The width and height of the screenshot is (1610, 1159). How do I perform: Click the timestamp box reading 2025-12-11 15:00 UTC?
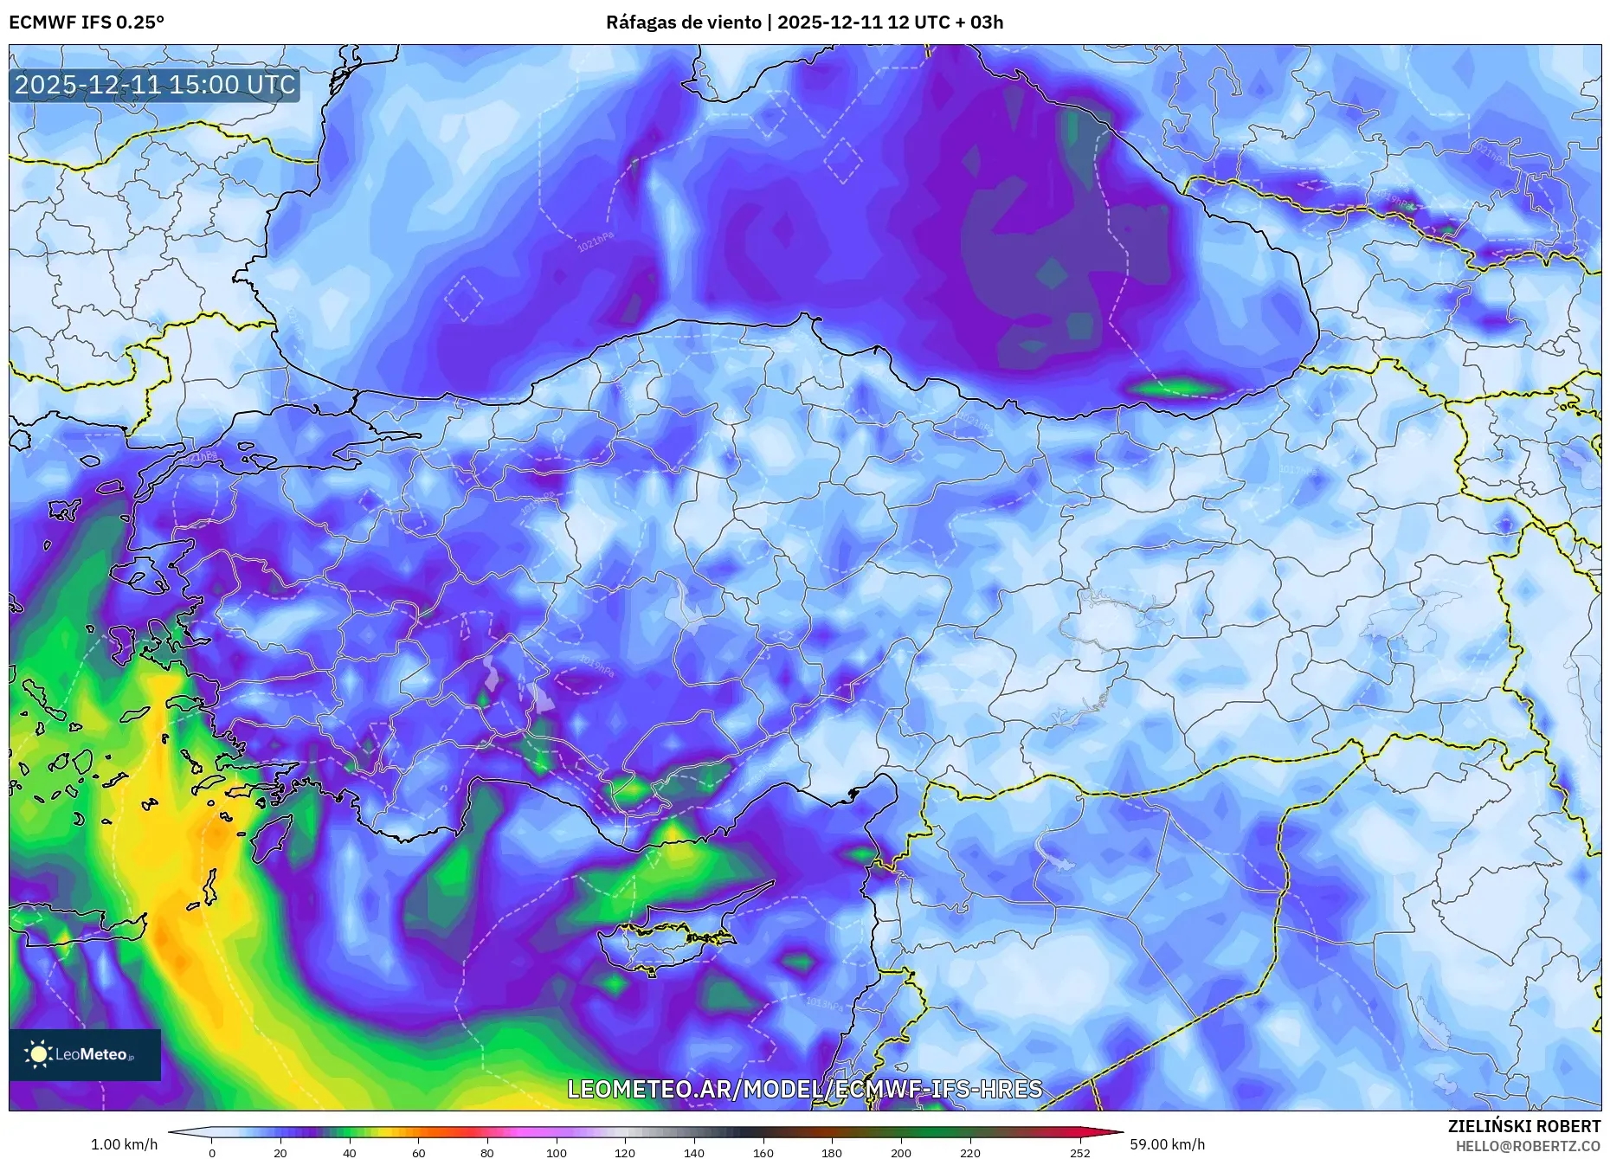155,85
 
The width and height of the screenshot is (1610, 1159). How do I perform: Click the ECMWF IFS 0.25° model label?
87,23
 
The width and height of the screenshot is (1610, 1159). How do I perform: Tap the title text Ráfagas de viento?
684,23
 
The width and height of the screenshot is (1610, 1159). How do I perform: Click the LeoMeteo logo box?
85,1054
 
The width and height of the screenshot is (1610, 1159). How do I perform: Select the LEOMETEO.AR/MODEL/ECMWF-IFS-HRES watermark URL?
804,1089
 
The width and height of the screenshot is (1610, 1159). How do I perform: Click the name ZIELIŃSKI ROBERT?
1523,1126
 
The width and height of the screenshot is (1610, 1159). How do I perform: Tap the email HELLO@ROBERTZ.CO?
1528,1146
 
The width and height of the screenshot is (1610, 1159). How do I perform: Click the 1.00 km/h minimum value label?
124,1144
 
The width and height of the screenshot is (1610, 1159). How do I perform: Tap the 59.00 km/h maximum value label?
1167,1144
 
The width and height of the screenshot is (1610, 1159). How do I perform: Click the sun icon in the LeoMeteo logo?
38,1053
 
